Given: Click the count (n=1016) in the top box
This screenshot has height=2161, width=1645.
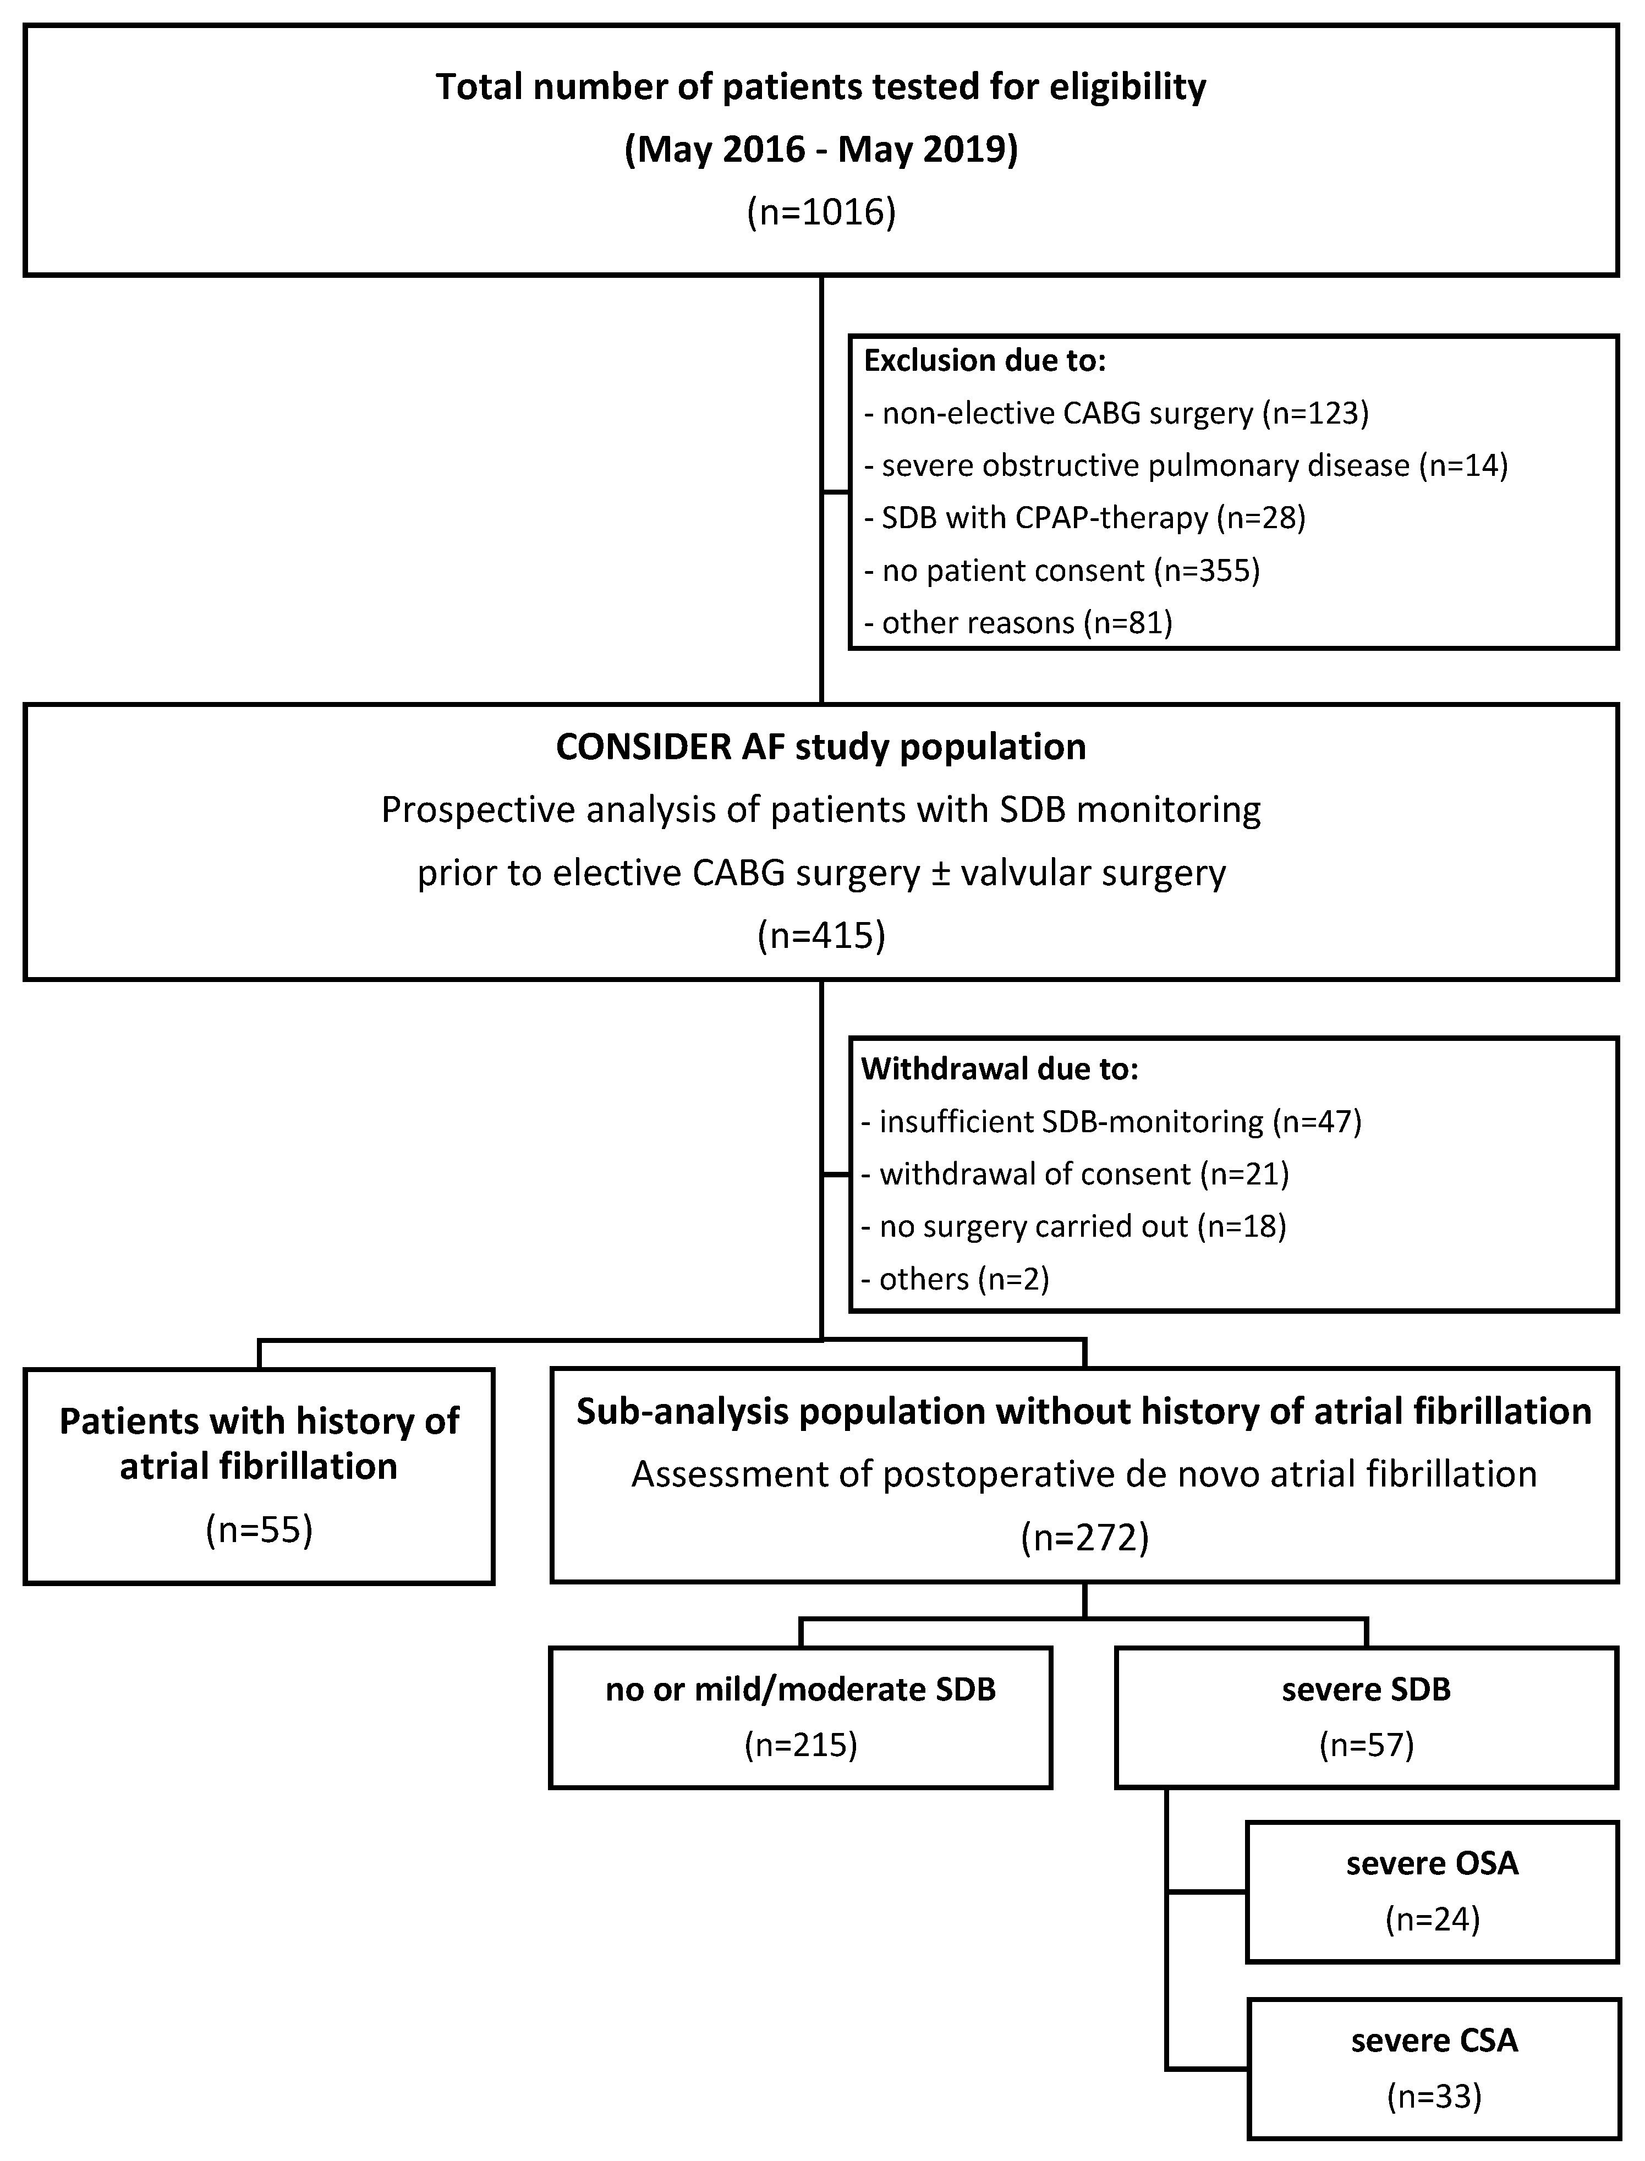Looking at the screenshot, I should click(x=820, y=212).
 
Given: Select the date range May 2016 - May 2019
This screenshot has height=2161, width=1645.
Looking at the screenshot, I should click(x=820, y=150).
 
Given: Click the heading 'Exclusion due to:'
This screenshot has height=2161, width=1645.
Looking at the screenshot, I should click(x=984, y=360).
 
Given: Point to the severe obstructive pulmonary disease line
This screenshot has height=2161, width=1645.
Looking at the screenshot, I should click(x=1185, y=465).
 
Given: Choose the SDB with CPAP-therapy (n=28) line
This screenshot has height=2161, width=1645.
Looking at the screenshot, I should click(x=1084, y=517).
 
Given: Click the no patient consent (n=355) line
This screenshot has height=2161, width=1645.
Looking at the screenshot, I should click(x=1061, y=570).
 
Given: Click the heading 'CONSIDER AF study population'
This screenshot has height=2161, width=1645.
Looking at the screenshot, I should click(x=820, y=747).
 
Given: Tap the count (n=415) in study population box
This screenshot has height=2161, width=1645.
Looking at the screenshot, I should click(x=820, y=935).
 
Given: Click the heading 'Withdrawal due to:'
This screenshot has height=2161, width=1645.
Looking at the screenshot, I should click(x=1000, y=1068).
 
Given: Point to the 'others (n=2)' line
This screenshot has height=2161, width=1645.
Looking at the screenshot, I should click(x=955, y=1279).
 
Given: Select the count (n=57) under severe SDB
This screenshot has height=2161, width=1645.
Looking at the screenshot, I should click(x=1366, y=1745).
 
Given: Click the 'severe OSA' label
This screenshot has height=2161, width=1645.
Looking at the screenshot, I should click(x=1432, y=1862).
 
